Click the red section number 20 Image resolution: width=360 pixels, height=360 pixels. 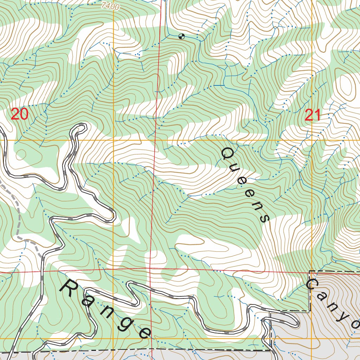19,114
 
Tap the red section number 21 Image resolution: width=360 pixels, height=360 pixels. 313,115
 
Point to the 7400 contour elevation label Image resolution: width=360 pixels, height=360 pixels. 110,6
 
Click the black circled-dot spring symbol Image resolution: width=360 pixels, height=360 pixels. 181,36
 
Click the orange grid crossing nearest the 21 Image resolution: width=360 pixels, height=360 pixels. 312,140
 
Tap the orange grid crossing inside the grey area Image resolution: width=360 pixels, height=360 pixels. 312,339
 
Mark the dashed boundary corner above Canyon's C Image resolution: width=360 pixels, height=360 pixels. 309,271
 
